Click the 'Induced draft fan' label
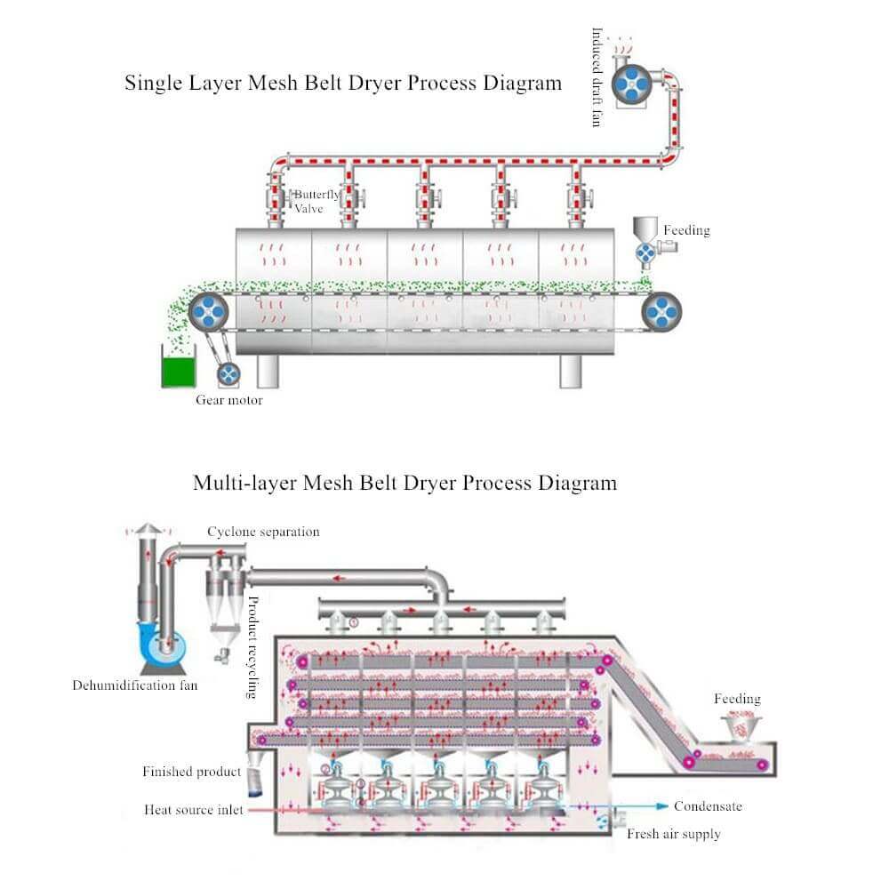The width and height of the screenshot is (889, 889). pyautogui.click(x=597, y=76)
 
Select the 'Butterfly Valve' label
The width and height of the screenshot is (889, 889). pyautogui.click(x=316, y=202)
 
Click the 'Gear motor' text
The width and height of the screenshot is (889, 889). pyautogui.click(x=229, y=400)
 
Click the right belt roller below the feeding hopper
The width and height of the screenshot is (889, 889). pyautogui.click(x=661, y=312)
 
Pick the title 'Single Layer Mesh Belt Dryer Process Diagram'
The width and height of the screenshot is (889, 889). pyautogui.click(x=343, y=84)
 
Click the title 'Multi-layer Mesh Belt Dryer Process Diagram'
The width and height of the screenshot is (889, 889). pyautogui.click(x=404, y=484)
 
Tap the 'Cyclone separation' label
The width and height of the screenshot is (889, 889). pyautogui.click(x=263, y=532)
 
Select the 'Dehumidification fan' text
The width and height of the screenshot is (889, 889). pyautogui.click(x=135, y=685)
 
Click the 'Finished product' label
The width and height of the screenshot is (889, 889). pyautogui.click(x=191, y=772)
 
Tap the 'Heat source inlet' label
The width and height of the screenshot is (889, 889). pyautogui.click(x=193, y=810)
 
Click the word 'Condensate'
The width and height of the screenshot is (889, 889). pyautogui.click(x=708, y=806)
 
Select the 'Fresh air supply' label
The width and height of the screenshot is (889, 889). pyautogui.click(x=674, y=834)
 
